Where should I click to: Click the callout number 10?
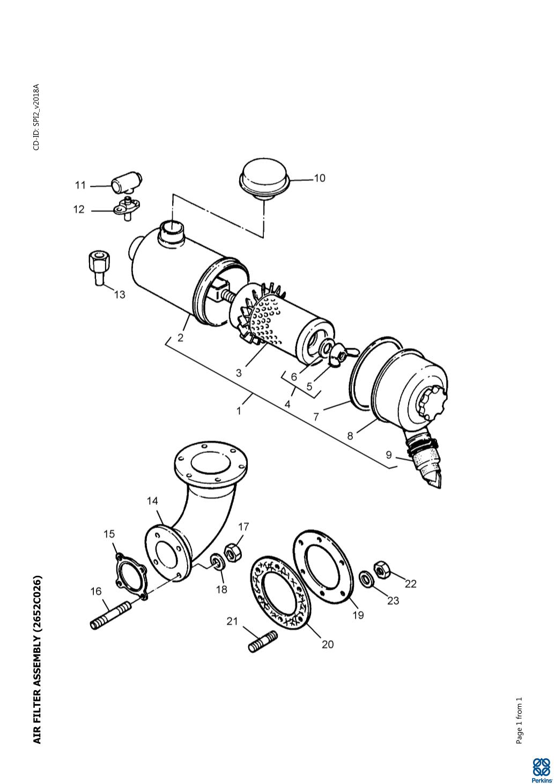click(x=320, y=178)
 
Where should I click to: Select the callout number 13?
click(x=120, y=295)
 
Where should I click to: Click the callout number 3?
click(x=239, y=373)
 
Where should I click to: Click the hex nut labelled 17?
click(x=233, y=553)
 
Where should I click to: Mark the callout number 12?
click(x=79, y=209)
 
